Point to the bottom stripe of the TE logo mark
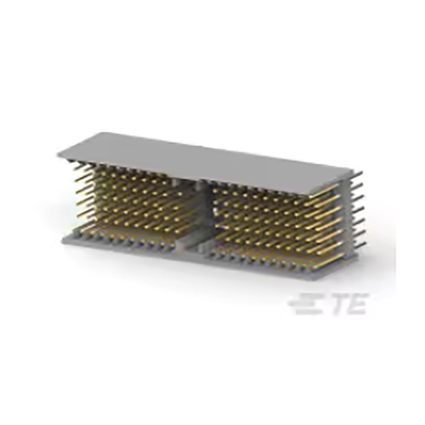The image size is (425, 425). [x=303, y=312]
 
